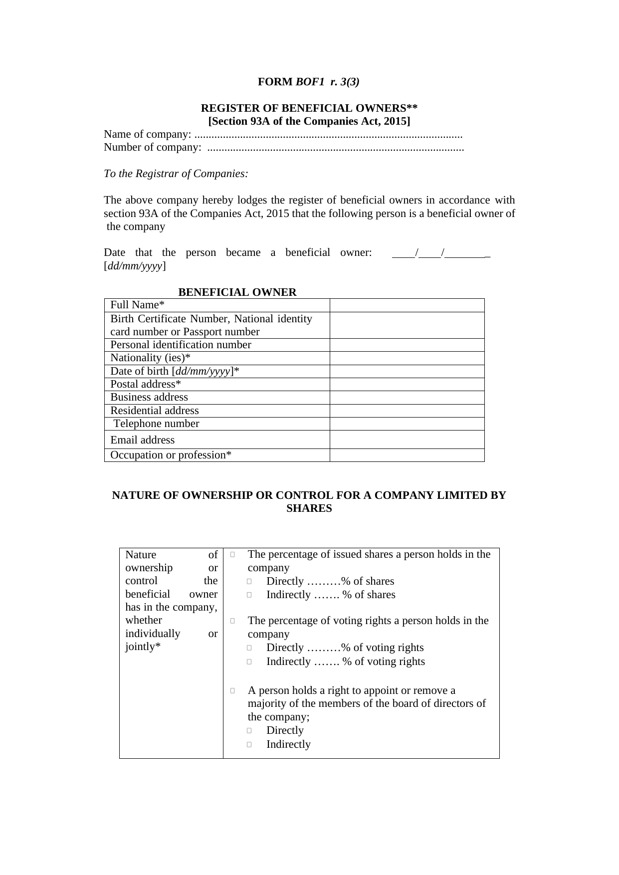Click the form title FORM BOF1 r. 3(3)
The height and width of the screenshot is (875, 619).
click(308, 82)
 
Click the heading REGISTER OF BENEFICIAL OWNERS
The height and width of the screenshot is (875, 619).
click(309, 108)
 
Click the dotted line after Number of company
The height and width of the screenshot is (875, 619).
click(335, 148)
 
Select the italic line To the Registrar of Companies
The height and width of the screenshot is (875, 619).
click(176, 174)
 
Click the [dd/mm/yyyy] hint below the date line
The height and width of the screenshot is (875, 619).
click(135, 266)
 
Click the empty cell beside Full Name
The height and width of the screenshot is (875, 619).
click(407, 305)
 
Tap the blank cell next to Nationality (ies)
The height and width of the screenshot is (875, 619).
click(407, 358)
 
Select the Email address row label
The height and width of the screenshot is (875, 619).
click(143, 440)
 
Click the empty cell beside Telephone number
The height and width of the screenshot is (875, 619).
click(407, 424)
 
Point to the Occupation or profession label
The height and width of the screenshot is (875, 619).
click(171, 455)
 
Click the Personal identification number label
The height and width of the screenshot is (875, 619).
click(181, 345)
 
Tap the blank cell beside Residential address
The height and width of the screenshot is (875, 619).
click(407, 411)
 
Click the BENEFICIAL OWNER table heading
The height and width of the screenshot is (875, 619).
click(237, 292)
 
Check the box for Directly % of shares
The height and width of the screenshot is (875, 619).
click(249, 582)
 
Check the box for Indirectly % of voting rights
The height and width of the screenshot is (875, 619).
click(249, 662)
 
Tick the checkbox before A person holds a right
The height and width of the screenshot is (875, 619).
click(233, 691)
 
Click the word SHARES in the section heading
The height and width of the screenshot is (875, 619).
click(309, 508)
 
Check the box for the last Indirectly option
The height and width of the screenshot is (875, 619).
click(249, 745)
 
